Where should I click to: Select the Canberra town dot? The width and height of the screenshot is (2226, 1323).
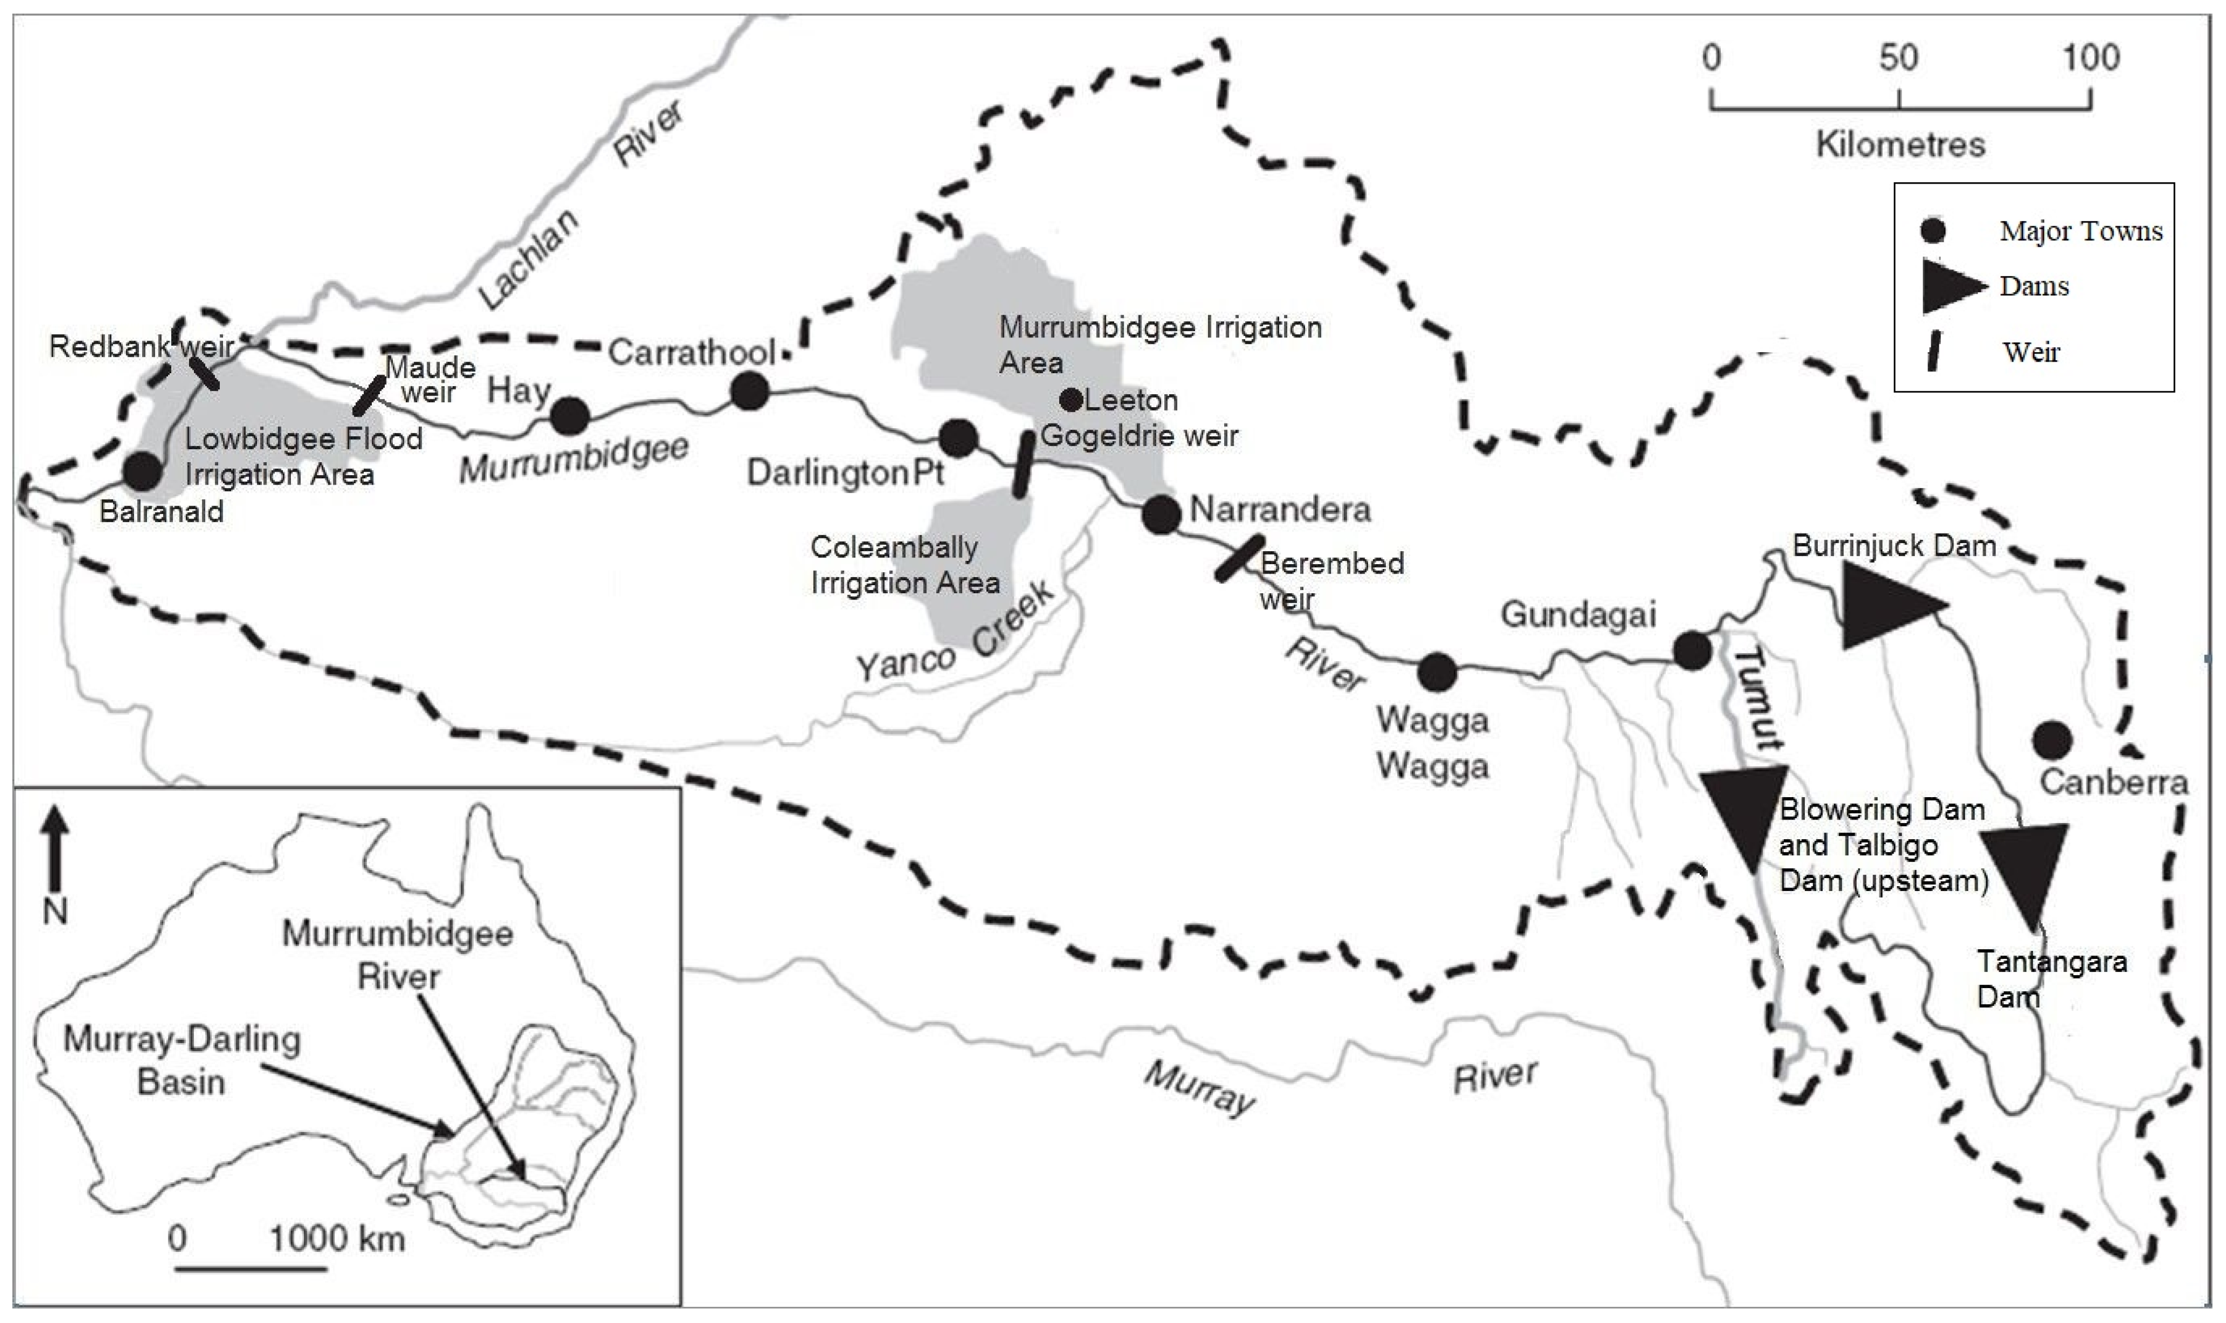point(2052,739)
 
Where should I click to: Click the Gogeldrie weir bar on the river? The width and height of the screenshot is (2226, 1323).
point(1025,463)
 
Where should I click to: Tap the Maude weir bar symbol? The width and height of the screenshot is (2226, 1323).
point(369,396)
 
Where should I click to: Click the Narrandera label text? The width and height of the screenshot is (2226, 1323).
point(1280,510)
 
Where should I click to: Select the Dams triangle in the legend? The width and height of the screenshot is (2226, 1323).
point(1952,286)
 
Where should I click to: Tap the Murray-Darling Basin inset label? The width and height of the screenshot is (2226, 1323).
point(182,1060)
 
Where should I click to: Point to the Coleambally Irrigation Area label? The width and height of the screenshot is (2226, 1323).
point(904,564)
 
